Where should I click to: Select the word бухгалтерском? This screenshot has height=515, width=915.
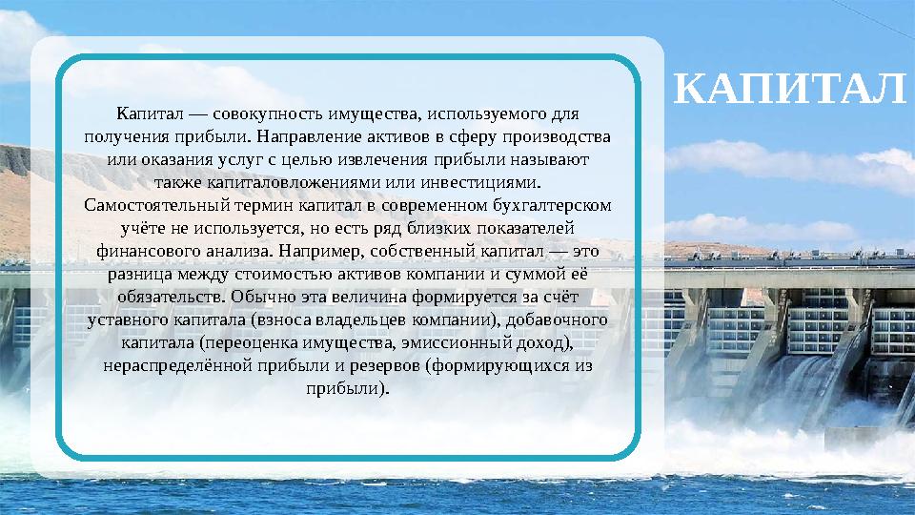(556, 204)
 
